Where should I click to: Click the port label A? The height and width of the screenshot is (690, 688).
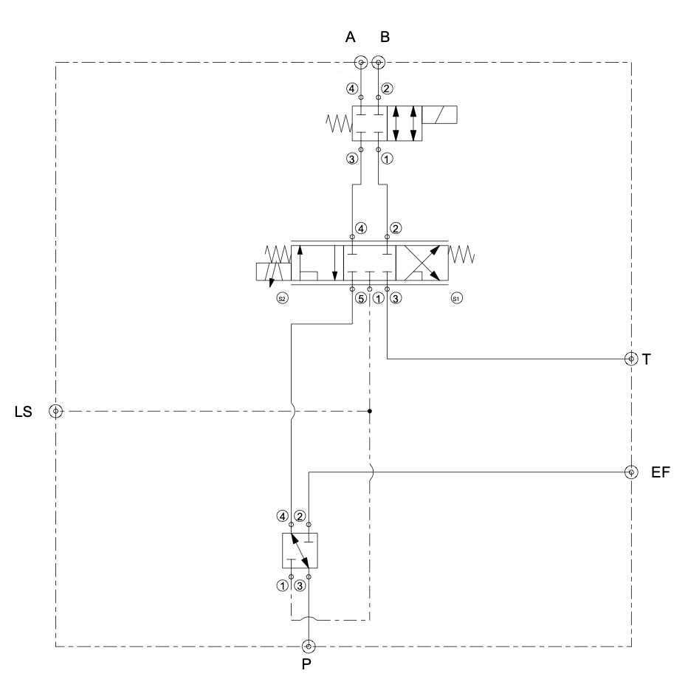point(350,37)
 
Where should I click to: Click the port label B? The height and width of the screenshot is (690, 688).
point(385,37)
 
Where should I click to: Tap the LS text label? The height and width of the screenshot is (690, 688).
point(24,412)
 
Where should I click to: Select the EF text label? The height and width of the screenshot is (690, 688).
point(660,472)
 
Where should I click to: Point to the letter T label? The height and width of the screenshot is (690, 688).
point(646,359)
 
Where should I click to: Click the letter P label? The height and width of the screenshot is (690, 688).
point(306,663)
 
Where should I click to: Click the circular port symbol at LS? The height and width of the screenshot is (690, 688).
point(56,412)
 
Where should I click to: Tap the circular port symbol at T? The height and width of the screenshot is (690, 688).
point(631,359)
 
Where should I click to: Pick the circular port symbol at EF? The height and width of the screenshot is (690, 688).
point(631,472)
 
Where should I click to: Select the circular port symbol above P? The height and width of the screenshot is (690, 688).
point(309,646)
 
